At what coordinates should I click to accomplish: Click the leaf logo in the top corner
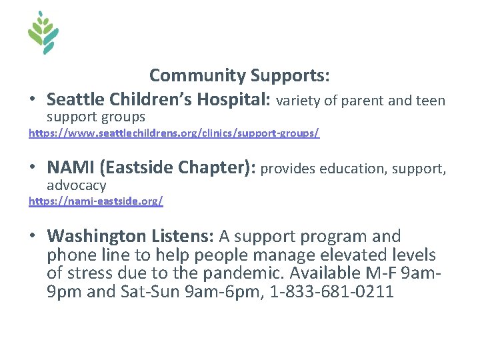pos(43,32)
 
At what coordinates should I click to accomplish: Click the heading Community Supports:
pos(239,75)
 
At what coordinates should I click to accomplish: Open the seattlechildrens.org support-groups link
pos(174,133)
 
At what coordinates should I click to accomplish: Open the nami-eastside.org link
pos(95,200)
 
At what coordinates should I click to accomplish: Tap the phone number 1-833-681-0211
pos(331,291)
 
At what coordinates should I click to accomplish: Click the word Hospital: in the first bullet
pos(233,100)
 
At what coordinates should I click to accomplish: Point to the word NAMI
pos(69,168)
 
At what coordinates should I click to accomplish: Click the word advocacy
pos(76,185)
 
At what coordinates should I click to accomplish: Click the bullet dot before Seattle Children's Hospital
pos(33,101)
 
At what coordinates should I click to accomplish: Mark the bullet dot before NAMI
pos(33,169)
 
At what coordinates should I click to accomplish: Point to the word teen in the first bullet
pos(429,101)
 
